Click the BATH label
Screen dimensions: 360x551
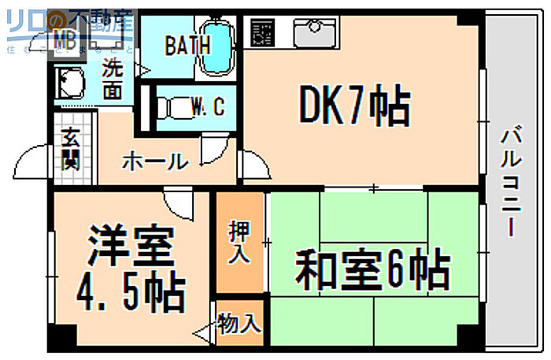point(187,45)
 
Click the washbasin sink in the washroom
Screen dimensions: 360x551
point(72,82)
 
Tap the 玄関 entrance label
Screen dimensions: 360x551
point(70,149)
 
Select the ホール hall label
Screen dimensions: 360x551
point(154,162)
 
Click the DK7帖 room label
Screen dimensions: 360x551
point(354,108)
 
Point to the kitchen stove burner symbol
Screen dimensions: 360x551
point(263,32)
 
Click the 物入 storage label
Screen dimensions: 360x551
point(239,325)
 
